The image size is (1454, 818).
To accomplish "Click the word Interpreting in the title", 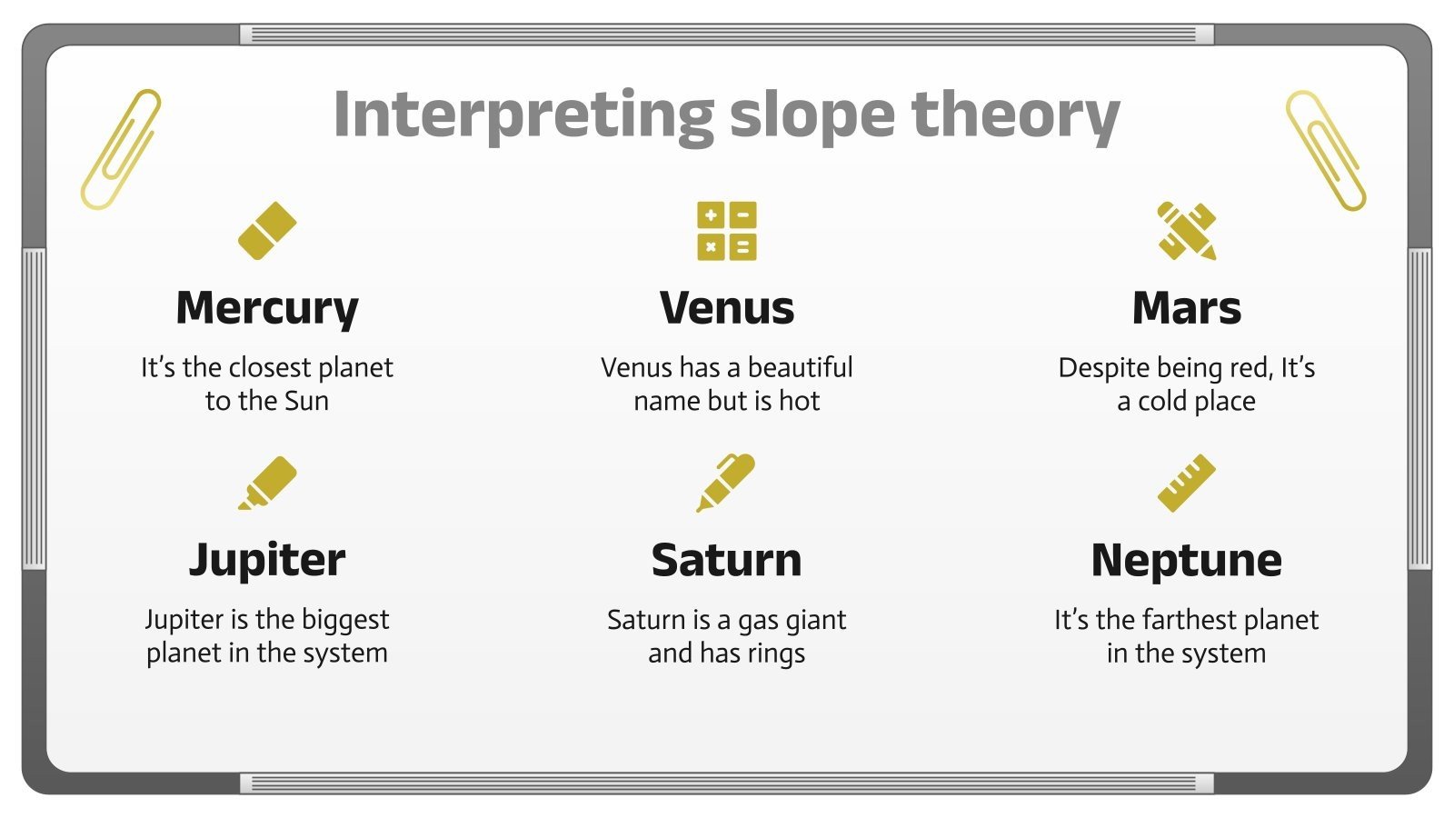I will [523, 115].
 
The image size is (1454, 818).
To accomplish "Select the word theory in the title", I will [1015, 115].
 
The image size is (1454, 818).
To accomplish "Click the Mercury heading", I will [267, 309].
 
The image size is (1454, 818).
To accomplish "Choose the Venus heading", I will [727, 308].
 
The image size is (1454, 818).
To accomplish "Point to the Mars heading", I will [1186, 308].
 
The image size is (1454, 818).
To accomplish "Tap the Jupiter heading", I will [267, 561].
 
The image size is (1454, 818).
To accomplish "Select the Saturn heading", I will [727, 561].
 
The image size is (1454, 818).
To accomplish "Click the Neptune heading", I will [1186, 561].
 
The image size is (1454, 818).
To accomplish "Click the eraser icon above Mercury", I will [267, 231].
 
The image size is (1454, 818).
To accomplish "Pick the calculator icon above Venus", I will [727, 231].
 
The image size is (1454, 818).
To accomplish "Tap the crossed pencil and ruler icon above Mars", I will [1186, 231].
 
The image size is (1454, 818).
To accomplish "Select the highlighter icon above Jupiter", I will [267, 483].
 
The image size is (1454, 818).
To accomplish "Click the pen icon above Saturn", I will [726, 483].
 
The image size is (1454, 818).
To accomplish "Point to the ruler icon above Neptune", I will [1186, 483].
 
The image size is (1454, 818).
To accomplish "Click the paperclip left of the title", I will [121, 149].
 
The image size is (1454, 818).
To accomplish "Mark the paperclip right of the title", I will [1325, 150].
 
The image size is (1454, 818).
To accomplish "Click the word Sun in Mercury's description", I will [306, 401].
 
